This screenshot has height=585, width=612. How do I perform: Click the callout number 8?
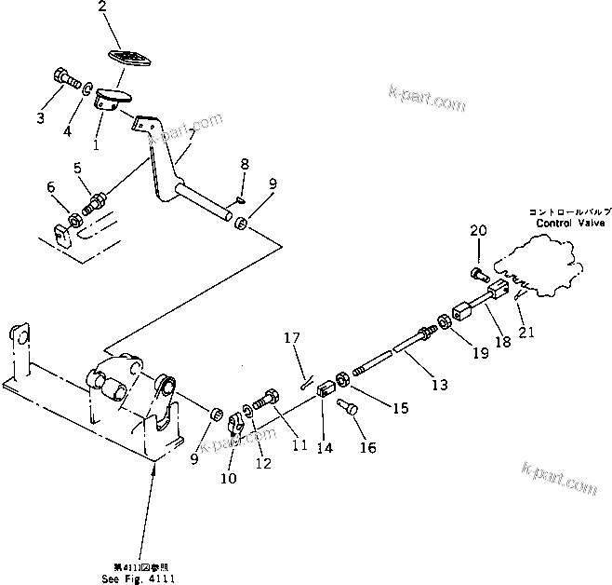click(243, 165)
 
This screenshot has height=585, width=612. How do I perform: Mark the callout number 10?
click(229, 479)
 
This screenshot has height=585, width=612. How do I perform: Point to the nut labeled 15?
click(342, 379)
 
